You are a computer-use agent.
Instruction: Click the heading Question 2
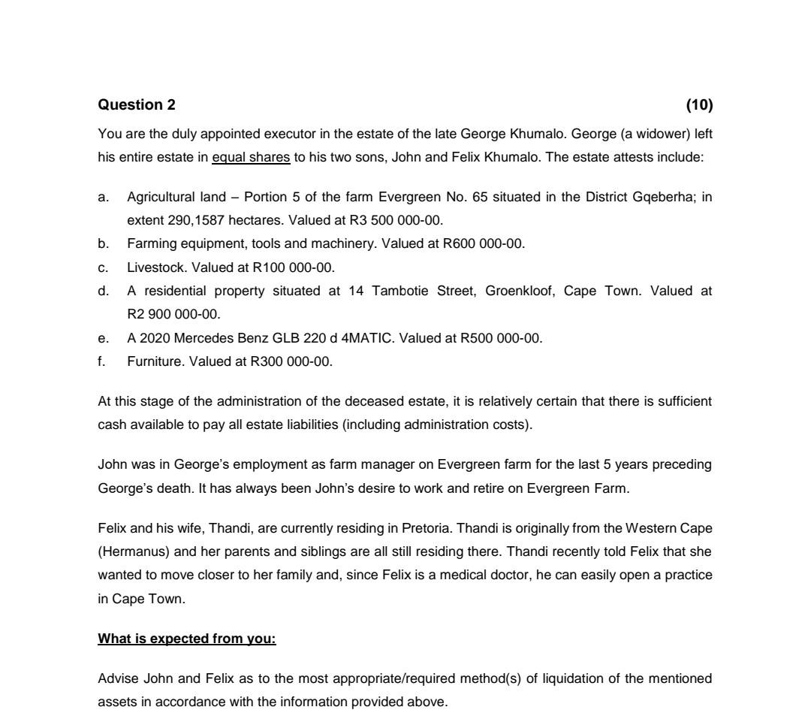(137, 104)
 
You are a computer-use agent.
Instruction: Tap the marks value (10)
(699, 104)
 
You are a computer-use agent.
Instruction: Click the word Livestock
(155, 267)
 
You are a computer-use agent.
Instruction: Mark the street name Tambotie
(400, 290)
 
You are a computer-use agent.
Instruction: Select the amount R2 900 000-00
(173, 313)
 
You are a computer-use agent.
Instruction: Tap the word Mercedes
(200, 338)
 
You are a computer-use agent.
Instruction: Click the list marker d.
(103, 290)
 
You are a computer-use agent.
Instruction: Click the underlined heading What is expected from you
(187, 639)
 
